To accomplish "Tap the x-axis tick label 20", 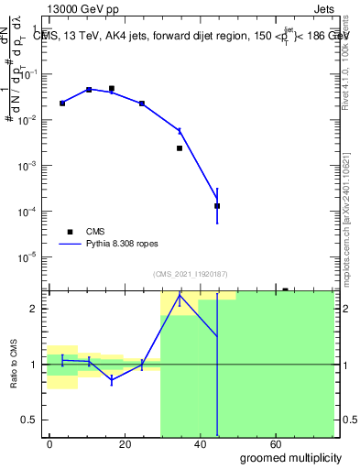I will (141, 443).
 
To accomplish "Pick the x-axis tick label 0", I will (49, 443).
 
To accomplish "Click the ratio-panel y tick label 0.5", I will (30, 420).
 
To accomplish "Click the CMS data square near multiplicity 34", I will (180, 147).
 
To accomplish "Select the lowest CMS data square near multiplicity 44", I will (217, 206).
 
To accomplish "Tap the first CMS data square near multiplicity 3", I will (62, 104).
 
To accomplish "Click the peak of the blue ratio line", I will (180, 296).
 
